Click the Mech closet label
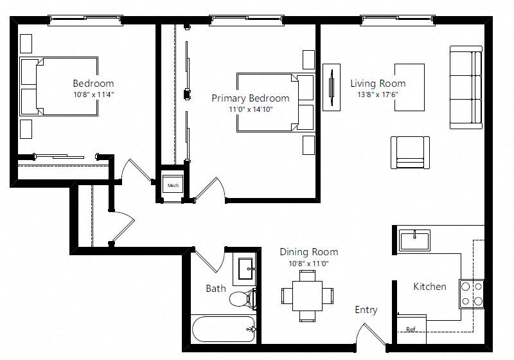click(x=173, y=186)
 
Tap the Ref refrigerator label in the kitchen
click(x=411, y=329)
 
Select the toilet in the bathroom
click(x=243, y=299)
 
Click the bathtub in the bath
click(x=224, y=329)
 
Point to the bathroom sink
click(x=247, y=269)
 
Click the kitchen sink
click(x=414, y=240)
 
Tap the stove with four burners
click(x=472, y=294)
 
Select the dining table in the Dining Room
click(x=307, y=296)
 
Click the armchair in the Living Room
click(x=410, y=152)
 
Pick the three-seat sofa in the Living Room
click(x=466, y=87)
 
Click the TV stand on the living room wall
click(x=332, y=87)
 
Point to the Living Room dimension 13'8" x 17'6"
click(x=378, y=94)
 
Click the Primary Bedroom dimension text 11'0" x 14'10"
click(x=251, y=109)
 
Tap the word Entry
click(x=366, y=310)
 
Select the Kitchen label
click(x=430, y=287)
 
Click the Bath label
click(x=216, y=289)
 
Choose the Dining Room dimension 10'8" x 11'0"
click(x=308, y=264)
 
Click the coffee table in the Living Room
click(x=409, y=87)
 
